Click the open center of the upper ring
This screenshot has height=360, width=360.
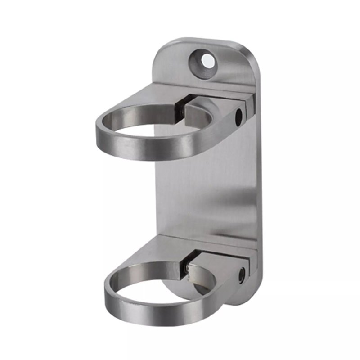148,124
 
